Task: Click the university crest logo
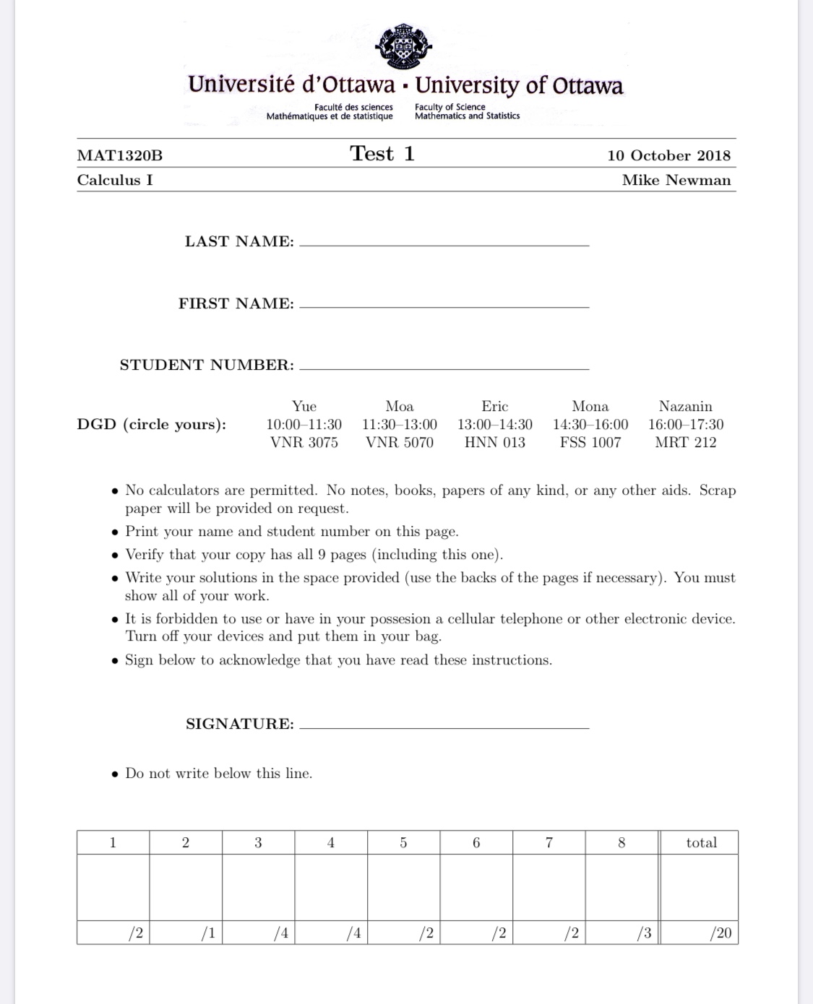click(x=403, y=46)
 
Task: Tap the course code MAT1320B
click(x=120, y=155)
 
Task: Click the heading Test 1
click(x=382, y=154)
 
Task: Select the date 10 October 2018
click(x=668, y=155)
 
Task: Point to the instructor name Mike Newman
click(x=676, y=181)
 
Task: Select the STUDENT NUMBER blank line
click(x=444, y=368)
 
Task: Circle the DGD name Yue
click(x=304, y=407)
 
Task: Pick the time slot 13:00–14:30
click(x=495, y=425)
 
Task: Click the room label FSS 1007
click(x=590, y=443)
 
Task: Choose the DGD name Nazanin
click(x=685, y=407)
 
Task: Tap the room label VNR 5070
click(x=400, y=443)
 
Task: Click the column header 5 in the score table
click(x=403, y=843)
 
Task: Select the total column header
click(x=701, y=843)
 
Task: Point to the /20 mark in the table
click(x=720, y=933)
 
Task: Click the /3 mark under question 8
click(x=643, y=933)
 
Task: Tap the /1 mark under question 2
click(x=207, y=933)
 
